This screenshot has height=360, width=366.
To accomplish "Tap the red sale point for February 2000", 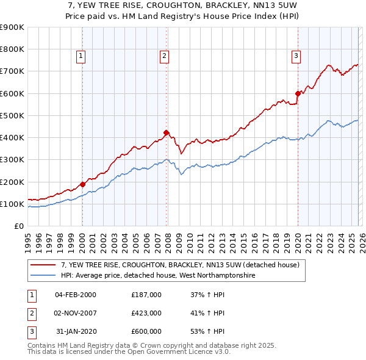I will pos(82,184).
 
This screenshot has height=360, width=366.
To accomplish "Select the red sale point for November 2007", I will pos(166,132).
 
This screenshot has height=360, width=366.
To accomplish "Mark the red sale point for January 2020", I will pos(298,93).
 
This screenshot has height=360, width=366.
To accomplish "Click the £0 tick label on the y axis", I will pos(18,226).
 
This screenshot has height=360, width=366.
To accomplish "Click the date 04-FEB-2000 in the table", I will pos(76,295).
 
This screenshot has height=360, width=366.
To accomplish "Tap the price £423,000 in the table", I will pos(146,312).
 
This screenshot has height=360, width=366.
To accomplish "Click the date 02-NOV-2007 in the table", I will pos(76,312).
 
